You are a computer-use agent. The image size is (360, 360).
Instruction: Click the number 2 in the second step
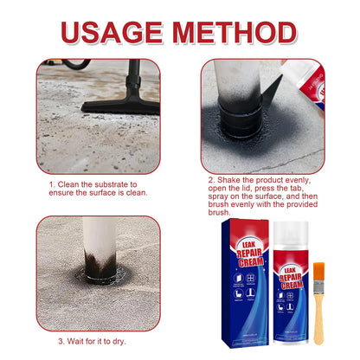[x=210, y=180]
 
